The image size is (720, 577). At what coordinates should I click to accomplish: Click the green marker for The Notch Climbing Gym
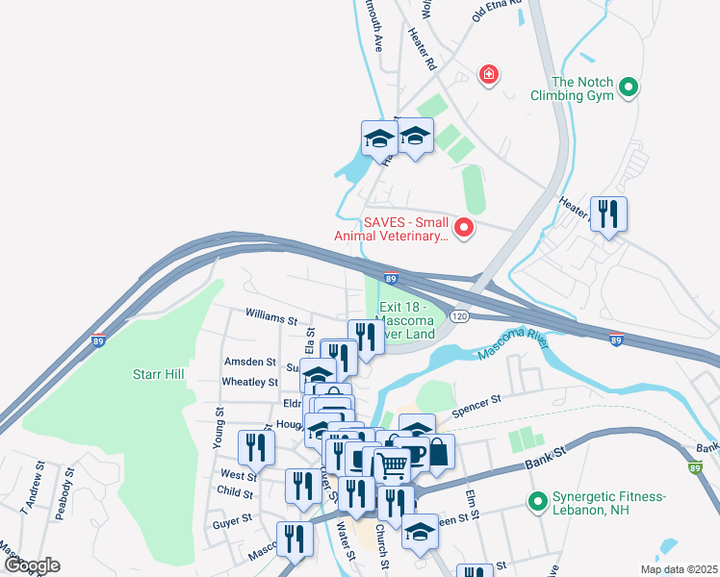click(x=629, y=88)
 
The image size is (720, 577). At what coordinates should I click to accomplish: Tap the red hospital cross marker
click(x=490, y=74)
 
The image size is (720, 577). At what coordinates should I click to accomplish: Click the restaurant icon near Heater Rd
click(x=608, y=213)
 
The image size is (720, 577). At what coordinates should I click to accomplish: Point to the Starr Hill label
click(x=158, y=372)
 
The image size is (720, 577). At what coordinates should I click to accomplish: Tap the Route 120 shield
click(x=459, y=316)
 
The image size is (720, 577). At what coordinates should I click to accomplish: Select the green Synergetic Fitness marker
click(x=535, y=501)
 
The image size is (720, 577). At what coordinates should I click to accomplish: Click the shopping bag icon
click(x=437, y=453)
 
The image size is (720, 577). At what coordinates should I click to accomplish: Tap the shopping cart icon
click(x=392, y=466)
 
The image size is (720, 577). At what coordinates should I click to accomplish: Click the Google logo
click(x=32, y=565)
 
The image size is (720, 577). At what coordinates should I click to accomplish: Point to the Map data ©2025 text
click(x=679, y=569)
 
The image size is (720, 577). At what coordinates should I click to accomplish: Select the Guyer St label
click(x=232, y=516)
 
